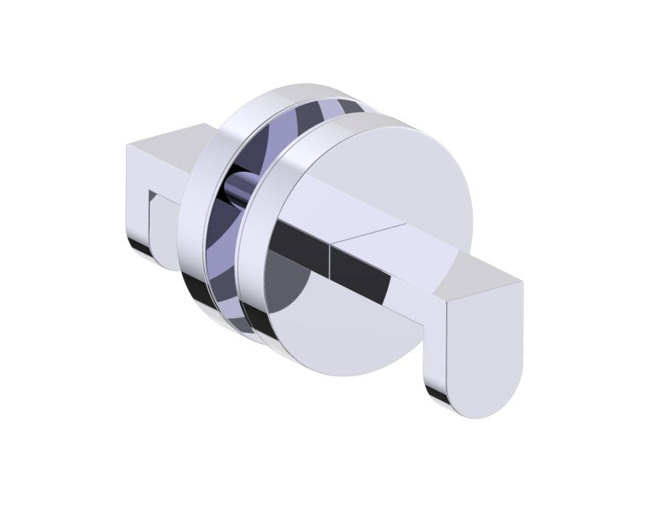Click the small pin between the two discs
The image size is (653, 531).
[239, 186]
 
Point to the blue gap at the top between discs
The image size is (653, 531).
[349, 106]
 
